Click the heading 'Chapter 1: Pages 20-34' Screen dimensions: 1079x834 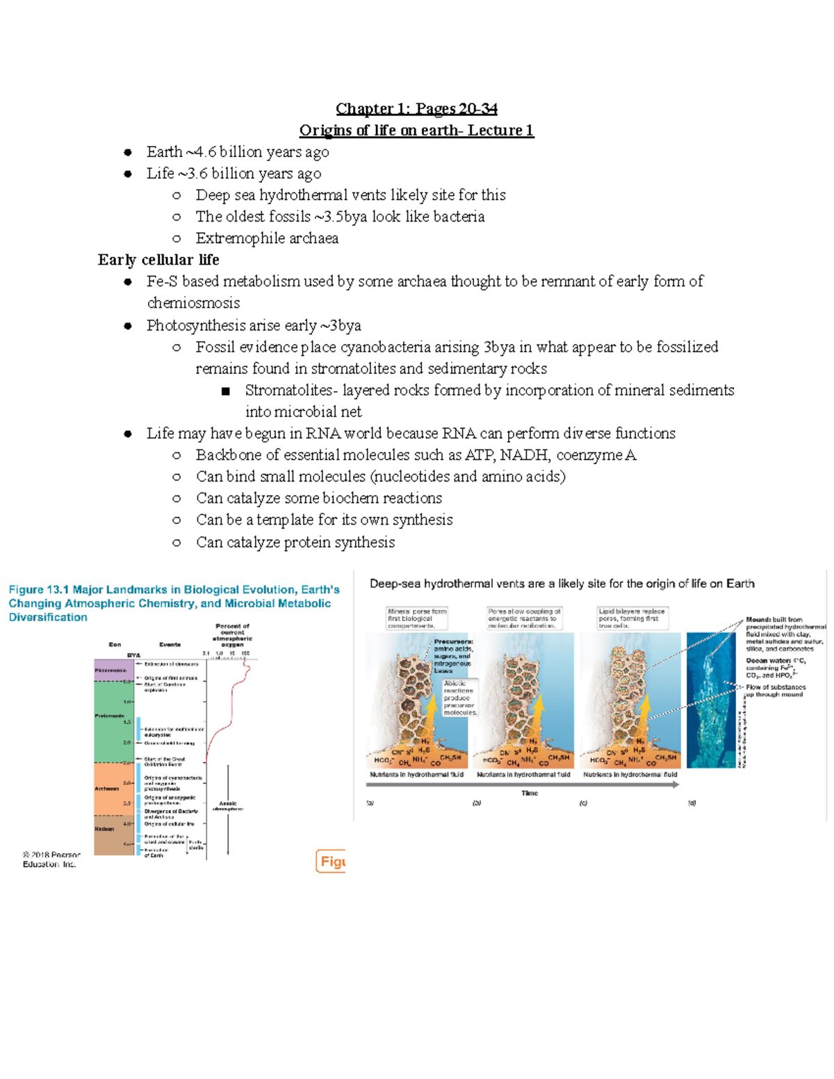[x=416, y=108]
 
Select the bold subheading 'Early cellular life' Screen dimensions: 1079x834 [x=158, y=260]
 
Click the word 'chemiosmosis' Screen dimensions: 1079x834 [x=193, y=303]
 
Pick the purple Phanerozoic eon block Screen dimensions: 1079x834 [x=113, y=670]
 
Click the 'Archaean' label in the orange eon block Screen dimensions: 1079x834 [x=107, y=789]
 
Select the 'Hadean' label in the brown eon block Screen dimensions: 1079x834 [x=104, y=829]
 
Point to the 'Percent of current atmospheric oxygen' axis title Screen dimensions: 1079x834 [x=232, y=635]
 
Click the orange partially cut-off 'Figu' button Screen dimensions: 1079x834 [x=331, y=862]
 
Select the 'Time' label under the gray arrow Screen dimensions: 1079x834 [x=530, y=793]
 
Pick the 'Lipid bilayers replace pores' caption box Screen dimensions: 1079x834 [x=632, y=618]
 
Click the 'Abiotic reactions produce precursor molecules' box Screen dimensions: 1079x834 [x=459, y=698]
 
